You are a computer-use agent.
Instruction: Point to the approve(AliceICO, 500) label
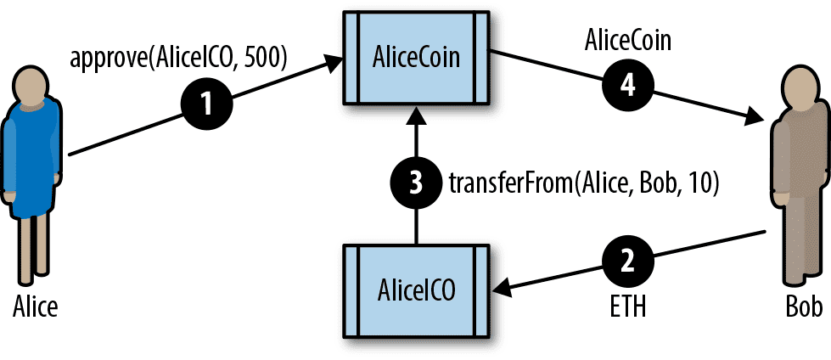coord(179,59)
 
